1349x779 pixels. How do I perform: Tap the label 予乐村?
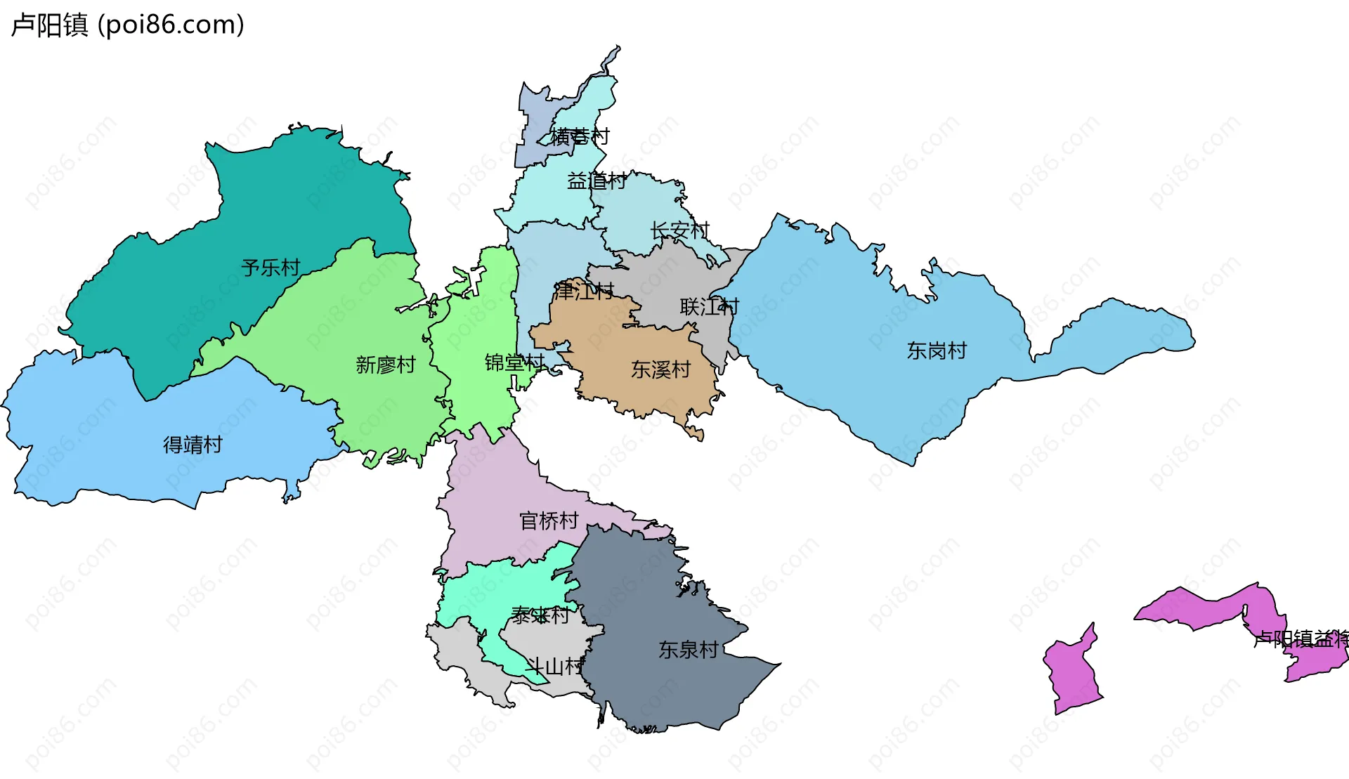271,268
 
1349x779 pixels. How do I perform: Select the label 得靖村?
193,445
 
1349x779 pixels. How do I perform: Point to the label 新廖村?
386,365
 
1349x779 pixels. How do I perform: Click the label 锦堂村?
514,362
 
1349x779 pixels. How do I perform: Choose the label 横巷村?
580,136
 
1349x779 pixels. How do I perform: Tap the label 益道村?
597,181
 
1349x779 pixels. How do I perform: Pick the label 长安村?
679,230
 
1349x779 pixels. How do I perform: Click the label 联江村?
709,307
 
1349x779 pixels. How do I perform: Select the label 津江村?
584,291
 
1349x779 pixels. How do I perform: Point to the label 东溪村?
660,369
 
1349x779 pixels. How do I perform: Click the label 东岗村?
937,351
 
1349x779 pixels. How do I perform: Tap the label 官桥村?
549,521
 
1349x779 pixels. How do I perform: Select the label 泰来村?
540,616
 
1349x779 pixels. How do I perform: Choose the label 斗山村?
555,667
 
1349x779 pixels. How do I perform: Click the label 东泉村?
688,650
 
